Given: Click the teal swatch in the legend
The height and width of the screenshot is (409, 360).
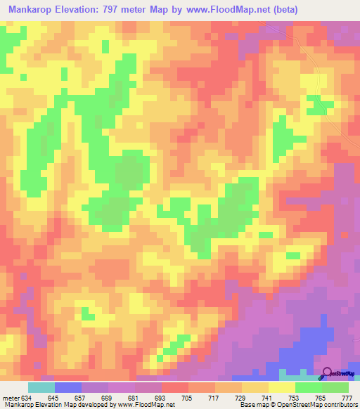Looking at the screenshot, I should click(41, 387).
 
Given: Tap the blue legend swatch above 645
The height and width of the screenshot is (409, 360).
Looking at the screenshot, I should click(68, 387).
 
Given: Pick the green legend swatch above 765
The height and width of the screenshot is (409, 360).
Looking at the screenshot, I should click(309, 387).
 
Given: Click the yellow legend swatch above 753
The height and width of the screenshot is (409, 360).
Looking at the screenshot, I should click(282, 387).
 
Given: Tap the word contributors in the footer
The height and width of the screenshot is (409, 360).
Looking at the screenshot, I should click(338, 405).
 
